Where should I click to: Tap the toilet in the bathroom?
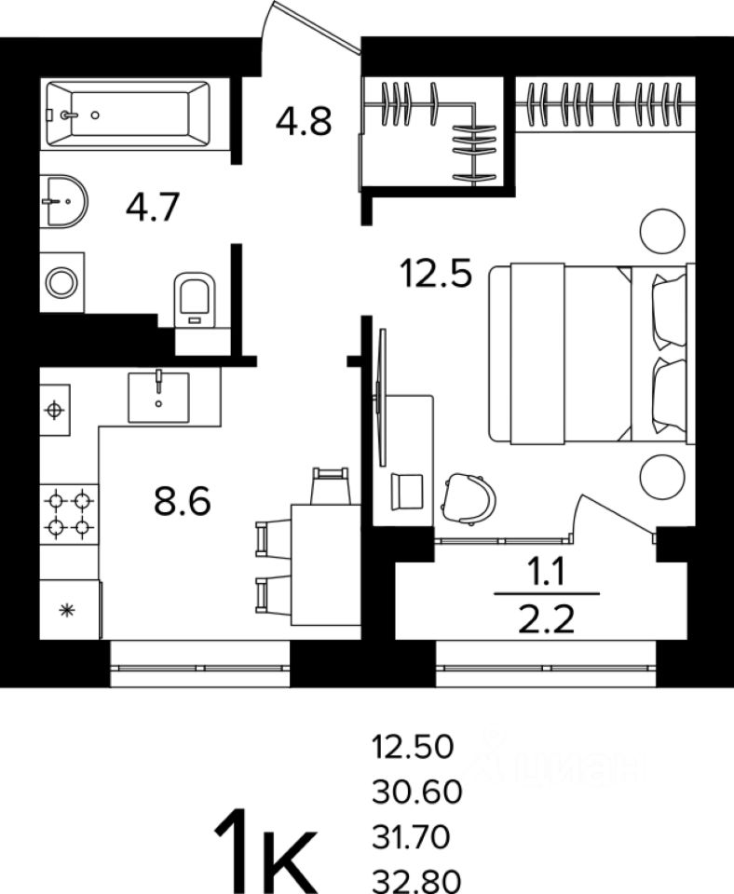[195, 299]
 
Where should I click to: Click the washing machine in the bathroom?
[61, 281]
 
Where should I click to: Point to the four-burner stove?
[69, 513]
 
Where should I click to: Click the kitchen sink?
[158, 397]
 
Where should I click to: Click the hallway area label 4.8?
[304, 121]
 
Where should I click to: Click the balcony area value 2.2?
[546, 616]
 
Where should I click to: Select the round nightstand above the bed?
[661, 229]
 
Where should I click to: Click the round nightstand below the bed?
[661, 476]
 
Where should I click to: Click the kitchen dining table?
[325, 563]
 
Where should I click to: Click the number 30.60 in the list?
[416, 792]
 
